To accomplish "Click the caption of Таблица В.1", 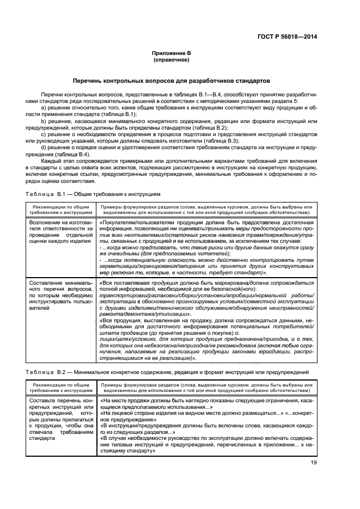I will tap(95, 194).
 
